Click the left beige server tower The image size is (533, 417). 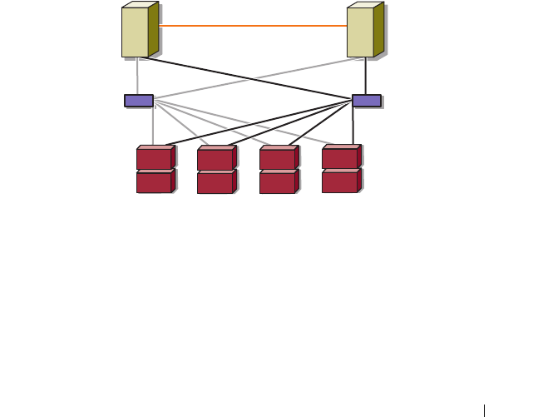pyautogui.click(x=136, y=32)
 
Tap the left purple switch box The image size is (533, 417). pyautogui.click(x=139, y=101)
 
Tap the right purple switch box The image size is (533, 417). pyautogui.click(x=367, y=101)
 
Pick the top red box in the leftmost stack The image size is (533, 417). pyautogui.click(x=155, y=158)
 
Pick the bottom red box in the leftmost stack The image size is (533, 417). pyautogui.click(x=155, y=182)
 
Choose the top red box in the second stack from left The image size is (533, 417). pyautogui.click(x=215, y=159)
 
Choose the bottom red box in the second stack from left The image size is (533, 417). pyautogui.click(x=215, y=183)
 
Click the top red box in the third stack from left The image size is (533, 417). pyautogui.click(x=278, y=159)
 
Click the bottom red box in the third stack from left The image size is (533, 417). pyautogui.click(x=278, y=183)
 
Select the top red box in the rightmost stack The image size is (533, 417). pyautogui.click(x=340, y=157)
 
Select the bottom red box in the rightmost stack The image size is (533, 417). pyautogui.click(x=340, y=181)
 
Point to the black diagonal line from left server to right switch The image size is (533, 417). pyautogui.click(x=249, y=77)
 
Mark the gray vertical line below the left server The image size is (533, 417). pyautogui.click(x=137, y=77)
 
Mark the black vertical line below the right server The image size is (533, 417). pyautogui.click(x=366, y=77)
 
